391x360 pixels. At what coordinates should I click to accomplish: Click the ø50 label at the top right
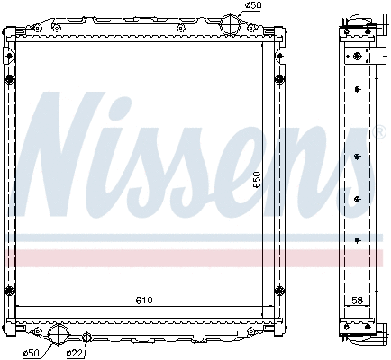pos(255,5)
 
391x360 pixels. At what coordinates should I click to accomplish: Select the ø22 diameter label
pos(75,352)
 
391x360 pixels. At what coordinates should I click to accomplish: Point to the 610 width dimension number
pos(145,300)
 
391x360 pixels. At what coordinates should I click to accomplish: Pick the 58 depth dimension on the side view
pos(359,300)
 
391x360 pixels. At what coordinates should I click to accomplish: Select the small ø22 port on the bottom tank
pos(86,337)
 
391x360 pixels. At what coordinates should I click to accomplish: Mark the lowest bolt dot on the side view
pos(358,238)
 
